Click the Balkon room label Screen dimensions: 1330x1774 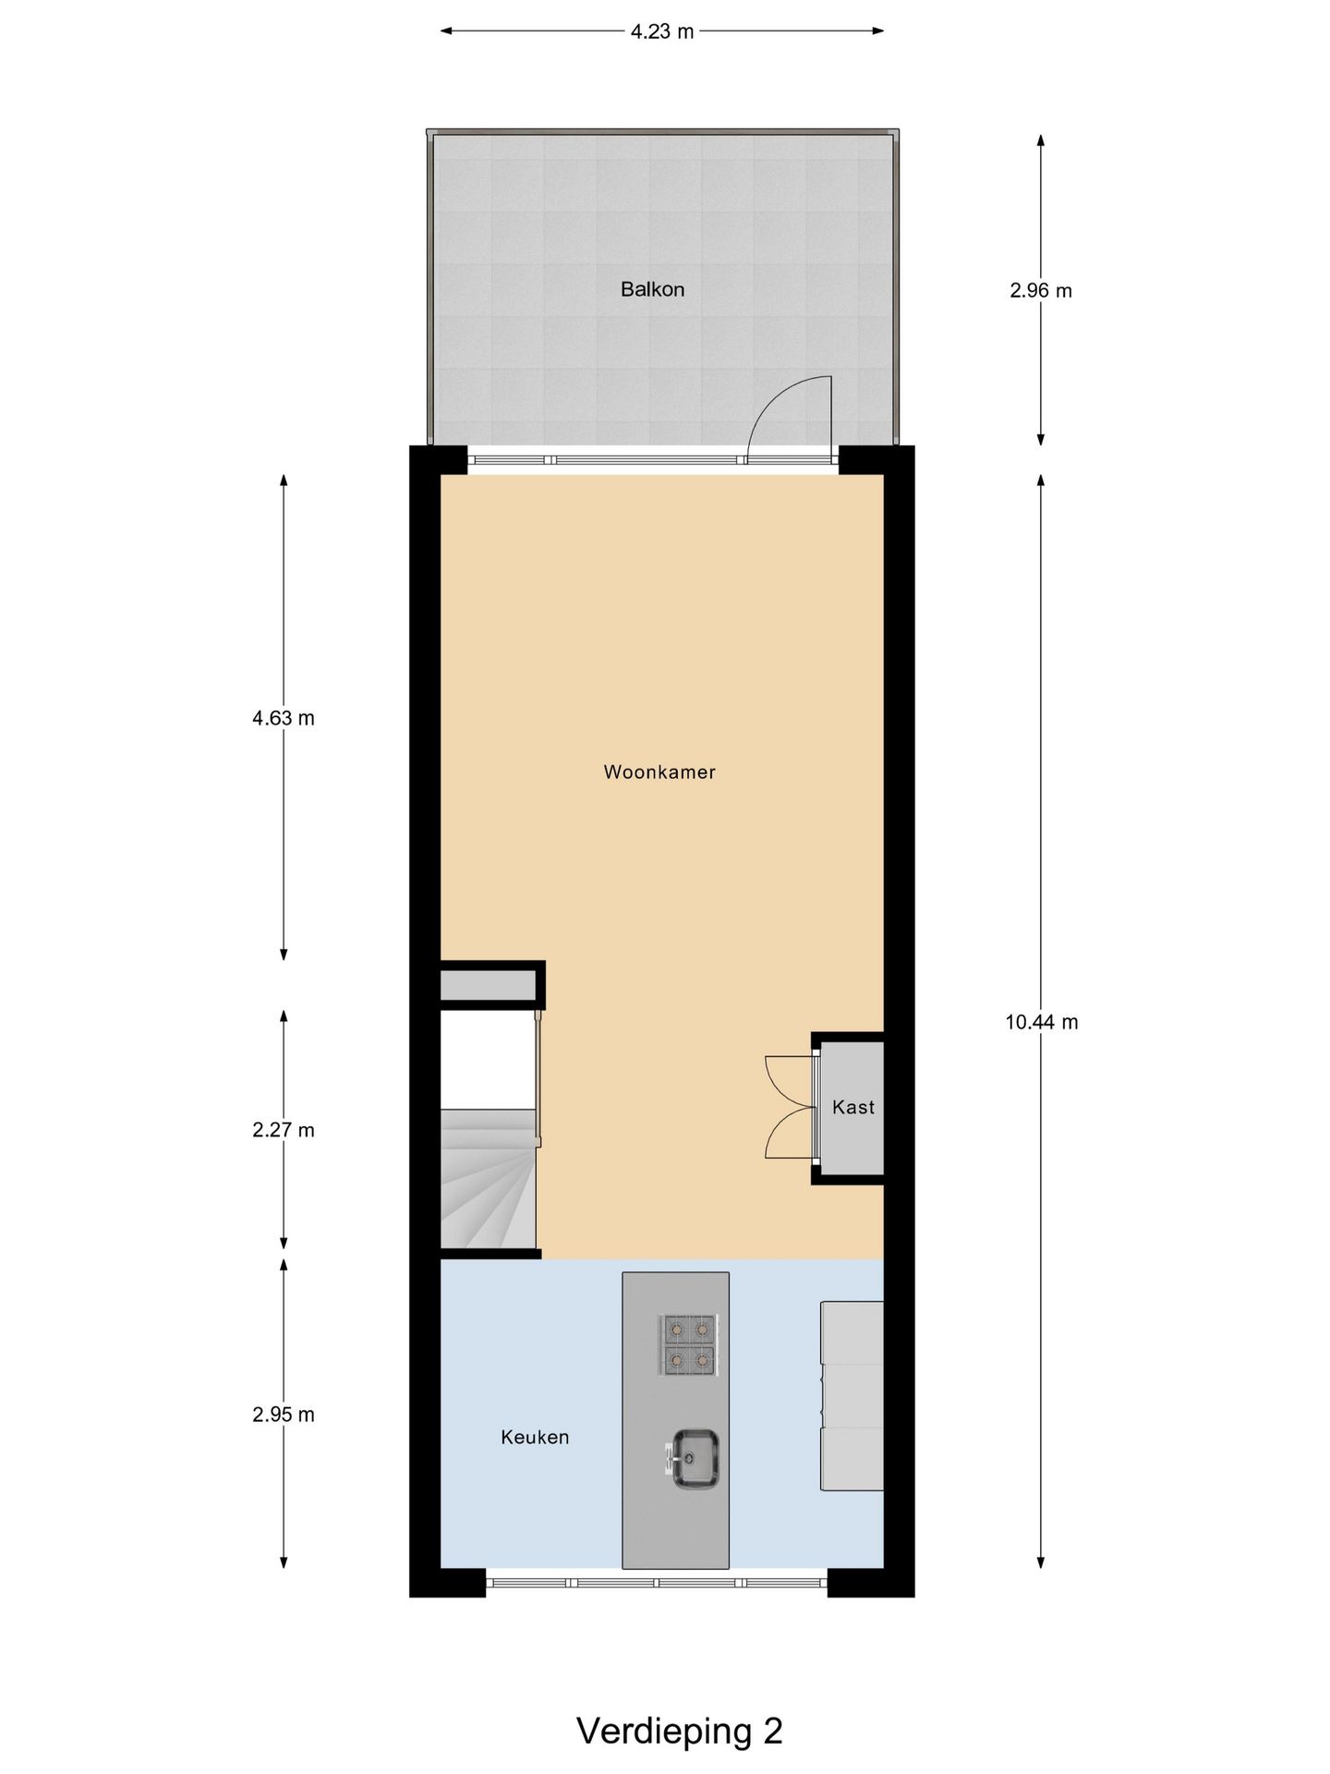[652, 289]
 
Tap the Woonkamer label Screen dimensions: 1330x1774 [659, 772]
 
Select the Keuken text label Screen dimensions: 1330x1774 [535, 1437]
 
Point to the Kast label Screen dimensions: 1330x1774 [852, 1107]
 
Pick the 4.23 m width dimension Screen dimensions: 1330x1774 [662, 31]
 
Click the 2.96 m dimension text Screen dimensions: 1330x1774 [1041, 290]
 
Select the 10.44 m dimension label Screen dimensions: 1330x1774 [1041, 1022]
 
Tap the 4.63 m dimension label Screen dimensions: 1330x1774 [284, 718]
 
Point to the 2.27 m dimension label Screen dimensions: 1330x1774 [284, 1130]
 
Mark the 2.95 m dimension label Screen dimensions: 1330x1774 [284, 1415]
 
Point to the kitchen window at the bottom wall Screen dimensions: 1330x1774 [657, 1582]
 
